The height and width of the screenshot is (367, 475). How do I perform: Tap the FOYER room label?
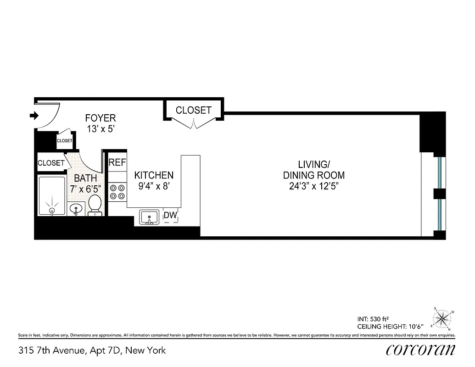(x=101, y=118)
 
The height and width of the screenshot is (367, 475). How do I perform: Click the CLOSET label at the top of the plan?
(x=194, y=110)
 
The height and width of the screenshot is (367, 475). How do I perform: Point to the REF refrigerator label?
(x=117, y=162)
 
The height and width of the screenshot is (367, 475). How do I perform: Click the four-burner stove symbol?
(x=117, y=192)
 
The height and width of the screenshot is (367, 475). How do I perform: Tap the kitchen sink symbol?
(x=149, y=217)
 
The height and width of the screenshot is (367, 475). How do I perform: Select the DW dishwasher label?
(x=171, y=215)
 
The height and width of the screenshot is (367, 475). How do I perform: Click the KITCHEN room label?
(x=154, y=175)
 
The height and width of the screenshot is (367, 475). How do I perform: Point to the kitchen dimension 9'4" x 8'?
(x=154, y=187)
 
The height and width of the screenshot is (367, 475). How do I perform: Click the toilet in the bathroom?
(x=95, y=205)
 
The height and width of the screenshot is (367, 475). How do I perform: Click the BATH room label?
(x=85, y=178)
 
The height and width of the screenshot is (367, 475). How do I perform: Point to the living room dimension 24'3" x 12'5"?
(x=314, y=186)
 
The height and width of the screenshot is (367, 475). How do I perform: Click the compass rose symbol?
(x=442, y=318)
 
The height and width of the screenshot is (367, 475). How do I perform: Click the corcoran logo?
(x=420, y=350)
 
